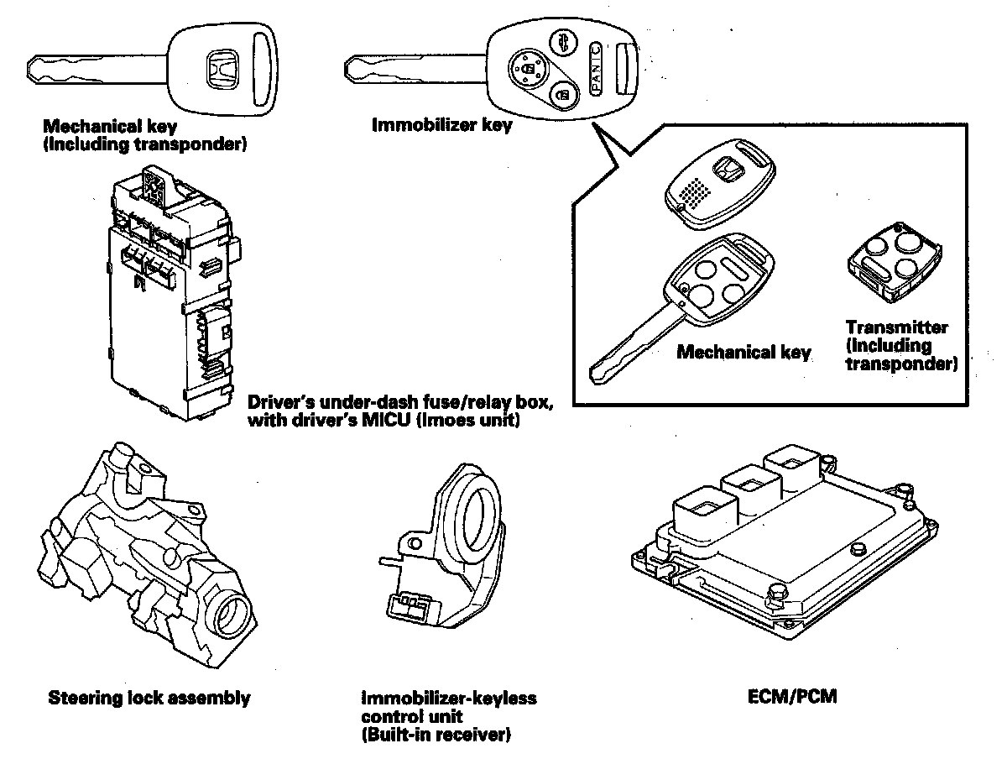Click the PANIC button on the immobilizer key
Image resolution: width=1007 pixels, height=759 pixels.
click(595, 70)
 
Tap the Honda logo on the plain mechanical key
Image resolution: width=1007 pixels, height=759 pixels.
click(222, 68)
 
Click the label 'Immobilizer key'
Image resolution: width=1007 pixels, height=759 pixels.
click(441, 125)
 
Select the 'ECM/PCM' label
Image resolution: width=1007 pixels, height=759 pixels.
click(792, 697)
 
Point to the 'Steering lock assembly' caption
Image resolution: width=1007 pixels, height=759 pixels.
click(149, 698)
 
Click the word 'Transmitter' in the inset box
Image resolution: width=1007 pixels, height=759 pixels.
click(897, 327)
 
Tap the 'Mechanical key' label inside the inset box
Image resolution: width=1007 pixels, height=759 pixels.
click(744, 352)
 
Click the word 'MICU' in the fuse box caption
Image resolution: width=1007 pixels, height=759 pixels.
click(386, 421)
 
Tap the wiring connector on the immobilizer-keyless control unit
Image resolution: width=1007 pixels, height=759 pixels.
click(411, 608)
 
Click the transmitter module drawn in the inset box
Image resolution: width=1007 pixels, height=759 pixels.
click(894, 264)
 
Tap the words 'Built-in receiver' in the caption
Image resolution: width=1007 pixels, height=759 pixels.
click(436, 735)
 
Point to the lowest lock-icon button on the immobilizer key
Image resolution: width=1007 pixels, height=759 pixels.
click(563, 96)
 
